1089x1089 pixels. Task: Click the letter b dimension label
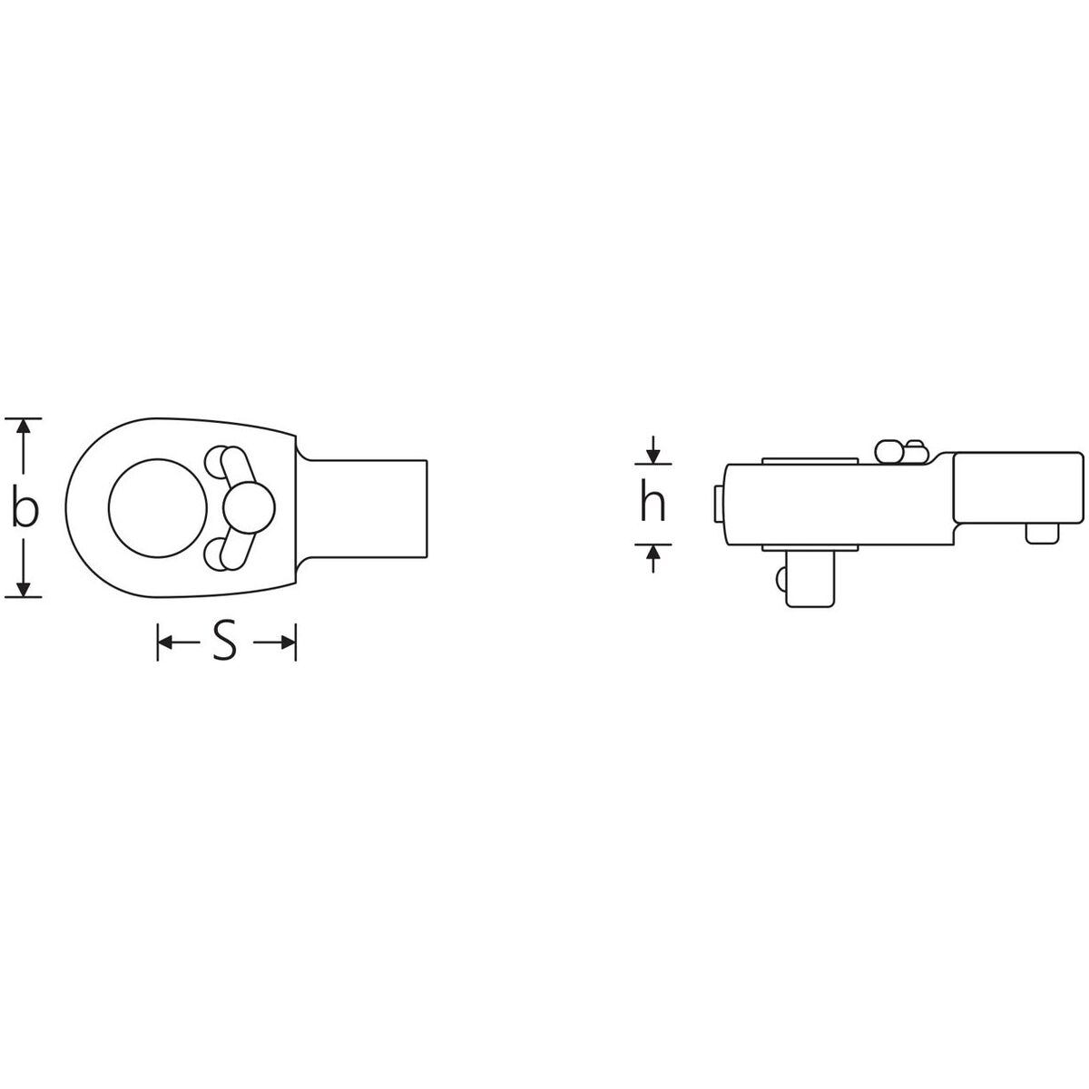tap(25, 508)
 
